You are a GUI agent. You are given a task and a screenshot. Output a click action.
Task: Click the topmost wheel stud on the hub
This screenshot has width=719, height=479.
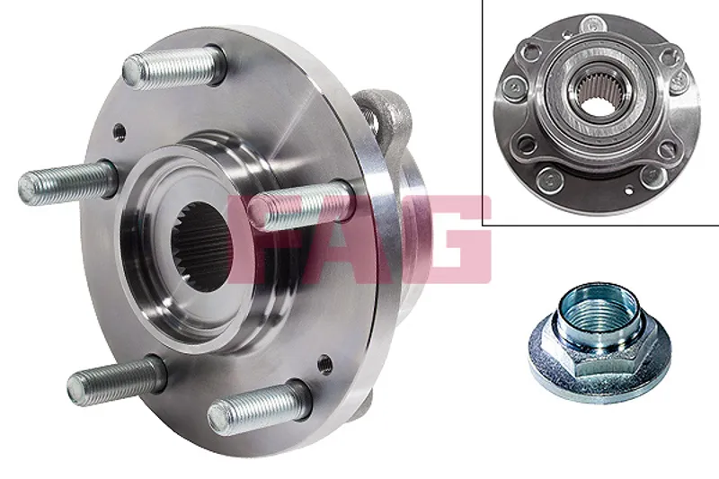point(174,67)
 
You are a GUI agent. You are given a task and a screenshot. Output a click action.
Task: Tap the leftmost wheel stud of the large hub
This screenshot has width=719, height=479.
point(67,182)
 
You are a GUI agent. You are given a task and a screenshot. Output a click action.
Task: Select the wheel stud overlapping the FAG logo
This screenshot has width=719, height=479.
point(300,206)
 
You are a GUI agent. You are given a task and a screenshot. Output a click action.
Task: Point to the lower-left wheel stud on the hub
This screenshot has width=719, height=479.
point(116,380)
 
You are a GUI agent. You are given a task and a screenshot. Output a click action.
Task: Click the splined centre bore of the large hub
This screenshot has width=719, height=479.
point(201,246)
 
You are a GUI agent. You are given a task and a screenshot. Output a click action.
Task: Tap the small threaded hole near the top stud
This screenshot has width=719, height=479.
point(120,132)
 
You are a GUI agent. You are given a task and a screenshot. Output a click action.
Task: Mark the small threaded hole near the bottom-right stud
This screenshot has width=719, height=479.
point(324,364)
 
